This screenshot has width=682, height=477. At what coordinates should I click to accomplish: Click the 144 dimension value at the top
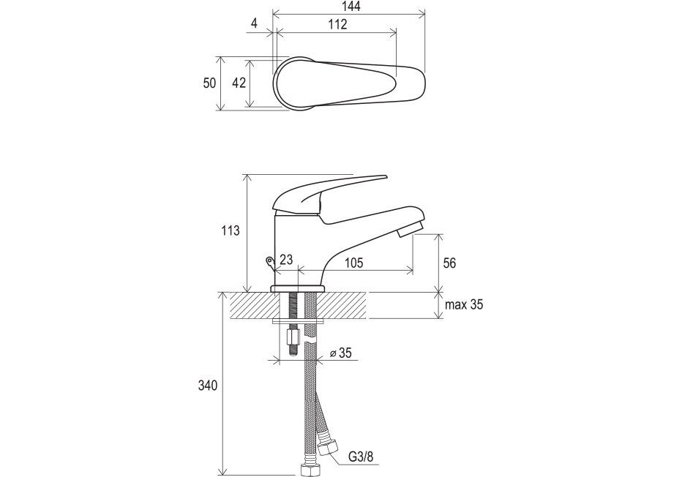351,7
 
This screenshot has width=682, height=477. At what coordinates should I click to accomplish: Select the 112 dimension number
337,24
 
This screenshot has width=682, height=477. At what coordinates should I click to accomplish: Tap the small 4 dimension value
255,23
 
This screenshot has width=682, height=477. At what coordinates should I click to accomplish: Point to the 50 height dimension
209,83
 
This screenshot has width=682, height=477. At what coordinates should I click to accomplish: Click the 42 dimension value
239,83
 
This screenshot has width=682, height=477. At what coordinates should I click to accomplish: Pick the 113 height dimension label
230,230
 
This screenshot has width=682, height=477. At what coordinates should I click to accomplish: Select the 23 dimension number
286,260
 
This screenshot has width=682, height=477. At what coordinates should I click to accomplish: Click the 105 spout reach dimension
353,263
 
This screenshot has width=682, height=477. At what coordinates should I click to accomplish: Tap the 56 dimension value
449,263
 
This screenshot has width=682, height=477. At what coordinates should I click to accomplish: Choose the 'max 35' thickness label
464,304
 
